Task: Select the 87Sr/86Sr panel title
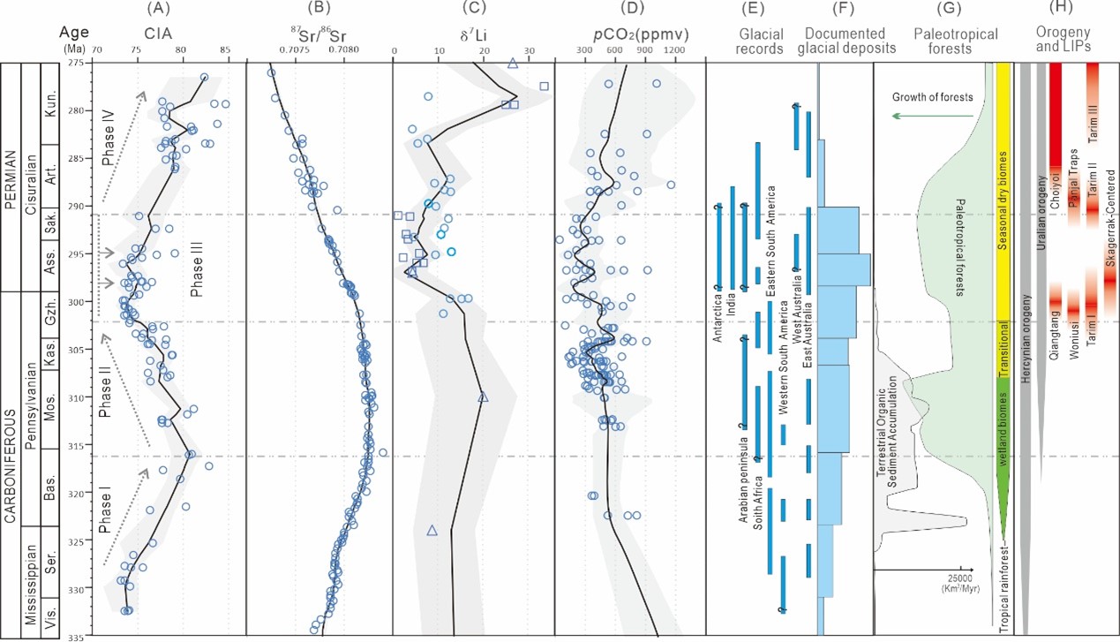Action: [318, 36]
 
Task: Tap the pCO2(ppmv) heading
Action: [629, 35]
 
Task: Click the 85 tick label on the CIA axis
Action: [225, 51]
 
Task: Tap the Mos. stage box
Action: [52, 397]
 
